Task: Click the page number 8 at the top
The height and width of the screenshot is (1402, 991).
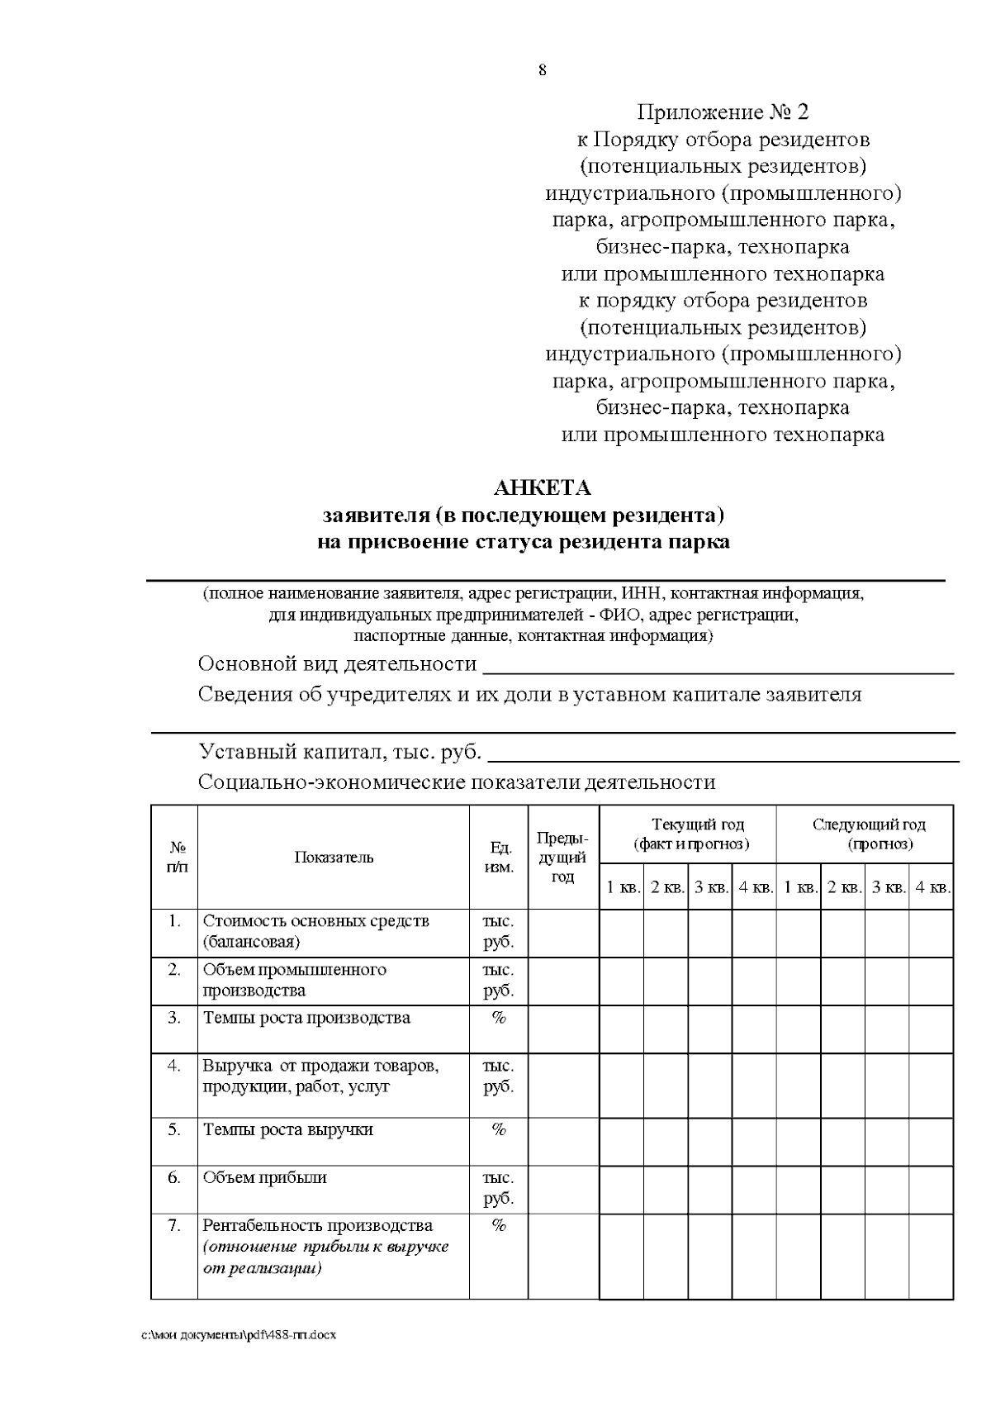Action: (x=543, y=70)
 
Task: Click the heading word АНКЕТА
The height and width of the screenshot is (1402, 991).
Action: (x=543, y=488)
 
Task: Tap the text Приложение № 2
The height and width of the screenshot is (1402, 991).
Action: (x=723, y=112)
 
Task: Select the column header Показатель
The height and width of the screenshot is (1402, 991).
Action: (x=334, y=858)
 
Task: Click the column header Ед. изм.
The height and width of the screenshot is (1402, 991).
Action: (x=499, y=858)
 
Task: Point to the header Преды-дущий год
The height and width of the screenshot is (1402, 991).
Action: (x=562, y=858)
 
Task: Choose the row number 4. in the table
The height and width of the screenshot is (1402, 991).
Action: (x=173, y=1066)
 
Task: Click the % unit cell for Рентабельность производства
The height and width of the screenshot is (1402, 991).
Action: (x=498, y=1226)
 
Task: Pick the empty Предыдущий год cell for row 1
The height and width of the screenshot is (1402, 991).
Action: (x=562, y=933)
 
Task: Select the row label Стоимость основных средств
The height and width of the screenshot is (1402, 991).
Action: (x=315, y=921)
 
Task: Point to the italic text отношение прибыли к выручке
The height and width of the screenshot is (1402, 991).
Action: (x=325, y=1247)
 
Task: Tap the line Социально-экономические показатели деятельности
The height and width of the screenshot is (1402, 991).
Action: (x=457, y=782)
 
